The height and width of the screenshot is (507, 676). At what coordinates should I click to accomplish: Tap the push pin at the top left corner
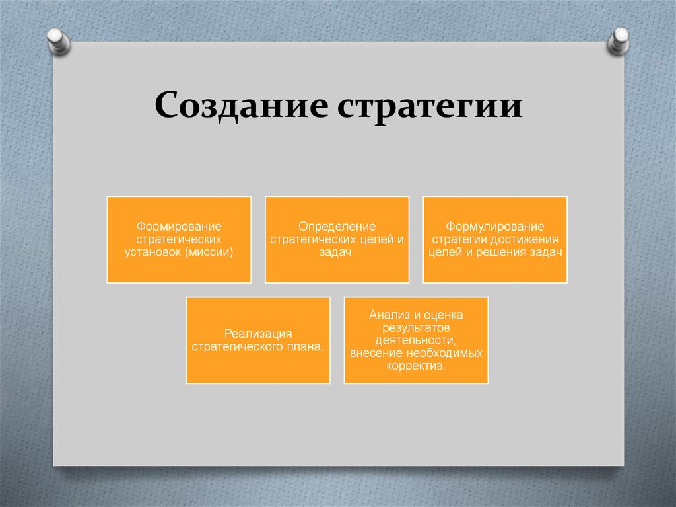58,41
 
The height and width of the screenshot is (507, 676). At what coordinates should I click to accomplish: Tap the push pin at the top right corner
619,41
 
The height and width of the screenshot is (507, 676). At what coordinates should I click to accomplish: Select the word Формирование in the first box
179,227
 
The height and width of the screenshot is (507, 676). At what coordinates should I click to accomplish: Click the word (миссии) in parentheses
209,252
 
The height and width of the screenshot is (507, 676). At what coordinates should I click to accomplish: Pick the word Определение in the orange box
337,227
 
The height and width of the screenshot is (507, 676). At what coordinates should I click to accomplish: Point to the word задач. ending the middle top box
337,253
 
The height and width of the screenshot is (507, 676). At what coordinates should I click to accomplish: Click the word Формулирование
495,227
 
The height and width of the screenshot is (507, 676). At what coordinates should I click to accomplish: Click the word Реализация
258,334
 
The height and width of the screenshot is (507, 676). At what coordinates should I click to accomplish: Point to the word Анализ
388,315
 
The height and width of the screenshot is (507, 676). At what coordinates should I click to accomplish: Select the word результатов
416,328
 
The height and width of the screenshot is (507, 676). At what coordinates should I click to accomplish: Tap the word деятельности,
416,340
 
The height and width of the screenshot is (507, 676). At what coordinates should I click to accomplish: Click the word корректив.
416,366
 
